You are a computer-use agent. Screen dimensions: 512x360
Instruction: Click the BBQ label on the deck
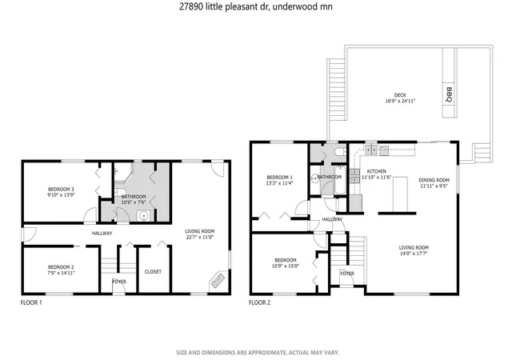pyautogui.click(x=450, y=94)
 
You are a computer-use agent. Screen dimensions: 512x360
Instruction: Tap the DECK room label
pyautogui.click(x=400, y=95)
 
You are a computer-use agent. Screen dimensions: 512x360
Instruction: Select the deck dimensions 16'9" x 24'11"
pyautogui.click(x=400, y=101)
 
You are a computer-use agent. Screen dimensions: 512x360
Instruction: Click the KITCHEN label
pyautogui.click(x=377, y=171)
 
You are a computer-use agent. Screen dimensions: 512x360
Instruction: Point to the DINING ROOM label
pyautogui.click(x=434, y=180)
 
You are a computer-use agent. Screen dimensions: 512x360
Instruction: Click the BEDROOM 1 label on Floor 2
pyautogui.click(x=279, y=178)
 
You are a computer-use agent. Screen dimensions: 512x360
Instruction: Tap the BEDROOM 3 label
pyautogui.click(x=61, y=189)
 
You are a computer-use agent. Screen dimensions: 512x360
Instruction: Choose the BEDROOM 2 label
pyautogui.click(x=61, y=267)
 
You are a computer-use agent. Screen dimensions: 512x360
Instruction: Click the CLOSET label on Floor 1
pyautogui.click(x=153, y=271)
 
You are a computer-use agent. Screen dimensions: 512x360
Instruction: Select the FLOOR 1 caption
pyautogui.click(x=31, y=302)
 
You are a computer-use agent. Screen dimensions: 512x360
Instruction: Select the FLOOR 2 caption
pyautogui.click(x=259, y=302)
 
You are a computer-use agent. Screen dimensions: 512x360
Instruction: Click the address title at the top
pyautogui.click(x=256, y=6)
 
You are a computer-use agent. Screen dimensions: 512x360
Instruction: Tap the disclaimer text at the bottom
pyautogui.click(x=258, y=353)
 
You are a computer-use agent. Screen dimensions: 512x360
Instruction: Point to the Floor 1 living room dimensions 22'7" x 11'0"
pyautogui.click(x=199, y=237)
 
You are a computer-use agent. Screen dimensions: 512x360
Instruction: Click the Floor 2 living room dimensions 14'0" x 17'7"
pyautogui.click(x=414, y=253)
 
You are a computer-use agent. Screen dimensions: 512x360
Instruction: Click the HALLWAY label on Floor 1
pyautogui.click(x=102, y=234)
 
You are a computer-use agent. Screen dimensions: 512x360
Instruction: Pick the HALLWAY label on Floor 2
pyautogui.click(x=332, y=219)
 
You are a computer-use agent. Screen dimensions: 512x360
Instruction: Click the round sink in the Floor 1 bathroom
pyautogui.click(x=143, y=216)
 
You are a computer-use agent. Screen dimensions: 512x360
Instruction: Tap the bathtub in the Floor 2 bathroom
pyautogui.click(x=340, y=180)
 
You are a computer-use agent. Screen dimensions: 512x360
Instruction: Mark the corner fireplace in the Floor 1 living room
pyautogui.click(x=218, y=280)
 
